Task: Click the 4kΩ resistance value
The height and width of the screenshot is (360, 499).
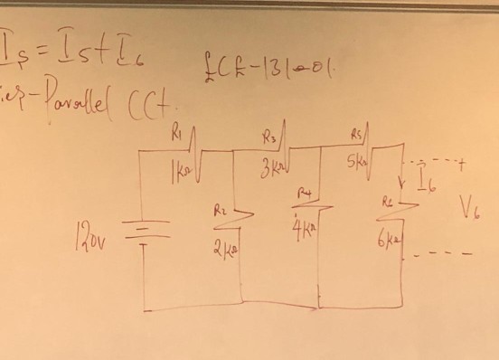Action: (x=305, y=227)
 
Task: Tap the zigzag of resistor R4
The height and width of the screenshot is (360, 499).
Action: (x=318, y=208)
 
